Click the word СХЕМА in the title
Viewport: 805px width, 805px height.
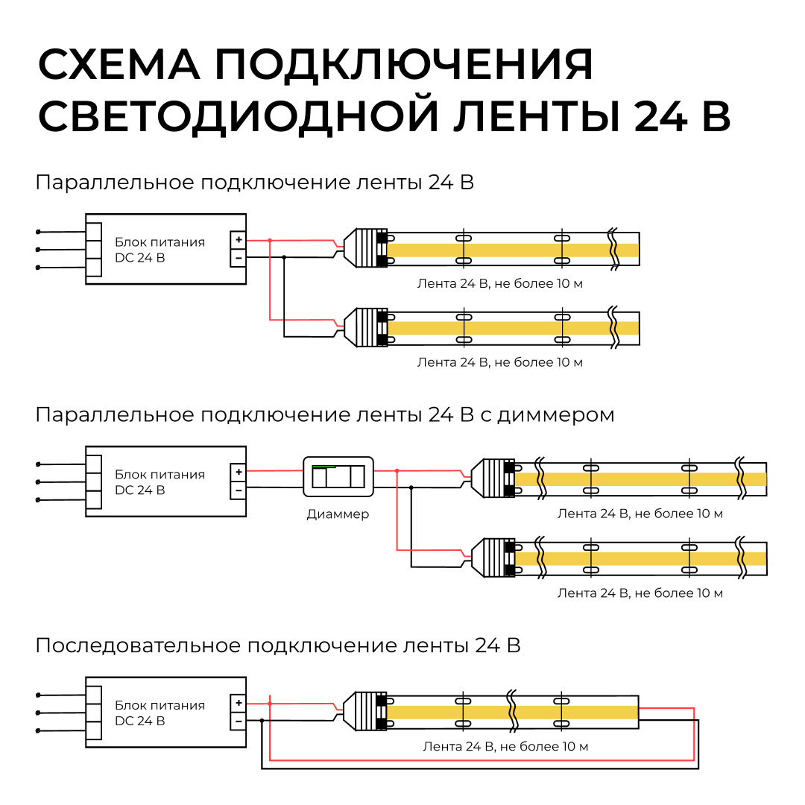119,66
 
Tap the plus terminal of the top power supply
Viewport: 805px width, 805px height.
238,240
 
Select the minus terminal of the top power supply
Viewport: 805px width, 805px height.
238,258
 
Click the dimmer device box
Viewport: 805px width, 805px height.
338,476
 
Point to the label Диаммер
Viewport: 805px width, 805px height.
338,514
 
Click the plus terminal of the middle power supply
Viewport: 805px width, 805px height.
238,472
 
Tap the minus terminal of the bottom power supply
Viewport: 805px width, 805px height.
238,721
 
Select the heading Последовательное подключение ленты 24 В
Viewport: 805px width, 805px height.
277,645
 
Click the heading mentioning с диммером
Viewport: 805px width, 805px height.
325,414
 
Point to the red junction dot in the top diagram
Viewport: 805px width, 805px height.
270,240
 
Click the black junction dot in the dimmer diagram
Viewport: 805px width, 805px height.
411,487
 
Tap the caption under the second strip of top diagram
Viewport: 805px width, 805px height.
499,362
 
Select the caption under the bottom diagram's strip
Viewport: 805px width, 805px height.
505,746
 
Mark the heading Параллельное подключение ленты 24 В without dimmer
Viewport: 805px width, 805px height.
254,183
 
